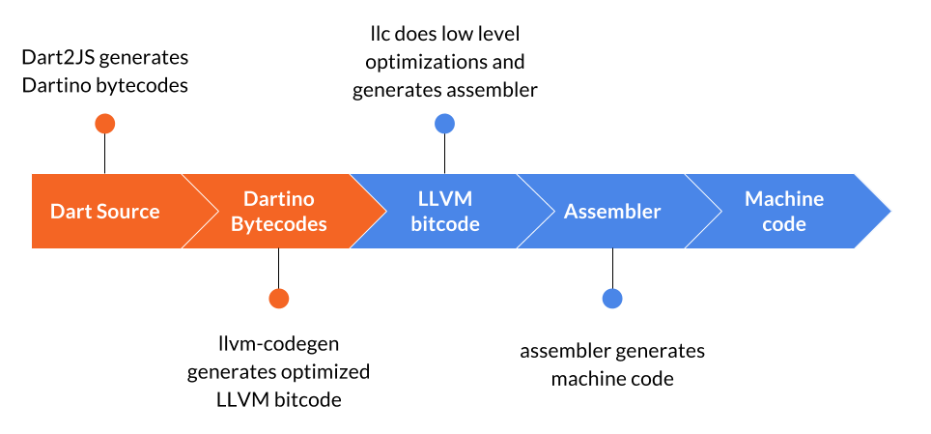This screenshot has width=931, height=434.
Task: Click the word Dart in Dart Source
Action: pyautogui.click(x=70, y=211)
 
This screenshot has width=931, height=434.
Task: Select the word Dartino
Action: pyautogui.click(x=278, y=199)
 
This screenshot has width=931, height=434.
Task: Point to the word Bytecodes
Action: pyautogui.click(x=278, y=224)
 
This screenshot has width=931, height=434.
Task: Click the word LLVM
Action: pyautogui.click(x=445, y=199)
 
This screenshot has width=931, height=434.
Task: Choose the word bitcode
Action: pyautogui.click(x=445, y=224)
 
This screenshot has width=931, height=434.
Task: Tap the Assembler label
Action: pyautogui.click(x=612, y=211)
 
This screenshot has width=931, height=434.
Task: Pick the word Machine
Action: pyautogui.click(x=783, y=199)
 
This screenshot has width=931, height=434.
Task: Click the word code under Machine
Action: pyautogui.click(x=783, y=224)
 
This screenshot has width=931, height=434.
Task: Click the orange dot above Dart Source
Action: pyautogui.click(x=105, y=124)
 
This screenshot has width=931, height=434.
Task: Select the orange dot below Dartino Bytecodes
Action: pyautogui.click(x=278, y=298)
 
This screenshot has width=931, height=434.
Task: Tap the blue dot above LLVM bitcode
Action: pyautogui.click(x=444, y=124)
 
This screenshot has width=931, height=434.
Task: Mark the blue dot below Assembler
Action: pyautogui.click(x=612, y=298)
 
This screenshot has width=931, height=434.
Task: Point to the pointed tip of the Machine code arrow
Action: pyautogui.click(x=889, y=211)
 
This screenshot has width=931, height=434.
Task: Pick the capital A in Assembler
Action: pyautogui.click(x=571, y=211)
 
